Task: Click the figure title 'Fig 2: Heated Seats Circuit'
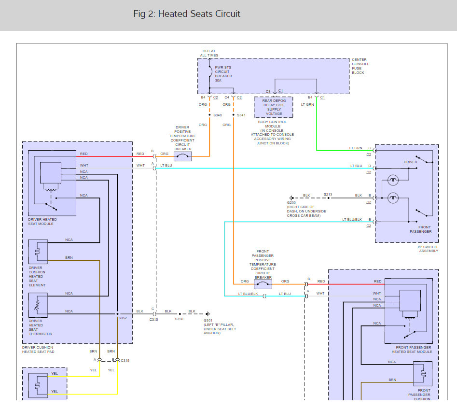[x=187, y=14]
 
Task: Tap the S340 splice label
[x=218, y=115]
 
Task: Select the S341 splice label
[x=241, y=115]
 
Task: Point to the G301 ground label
[x=208, y=320]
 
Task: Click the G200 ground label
[x=291, y=202]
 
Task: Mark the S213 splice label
[x=328, y=194]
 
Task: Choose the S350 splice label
[x=179, y=319]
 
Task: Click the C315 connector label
[x=153, y=320]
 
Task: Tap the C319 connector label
[x=125, y=361]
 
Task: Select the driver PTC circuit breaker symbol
[x=183, y=156]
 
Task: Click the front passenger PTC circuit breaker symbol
[x=263, y=284]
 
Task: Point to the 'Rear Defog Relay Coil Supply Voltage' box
[x=274, y=107]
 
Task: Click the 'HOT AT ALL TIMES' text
[x=209, y=53]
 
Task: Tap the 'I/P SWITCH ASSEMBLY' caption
[x=428, y=249]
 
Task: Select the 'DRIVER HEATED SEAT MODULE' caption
[x=42, y=222]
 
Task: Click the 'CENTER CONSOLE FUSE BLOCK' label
[x=360, y=66]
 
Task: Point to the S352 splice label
[x=123, y=318]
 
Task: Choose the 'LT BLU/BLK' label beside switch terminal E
[x=352, y=219]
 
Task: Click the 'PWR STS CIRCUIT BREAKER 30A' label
[x=223, y=74]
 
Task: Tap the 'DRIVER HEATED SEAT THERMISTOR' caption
[x=40, y=327]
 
